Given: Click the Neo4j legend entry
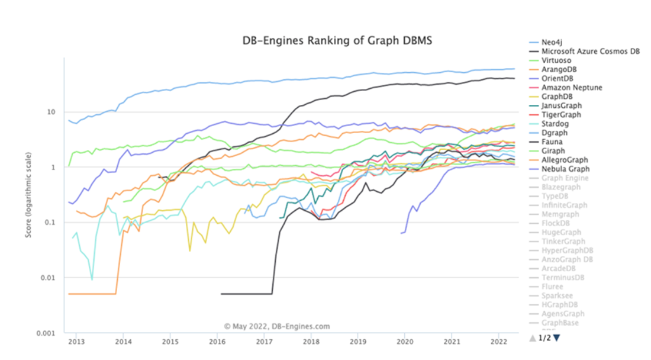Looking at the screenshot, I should (x=551, y=43).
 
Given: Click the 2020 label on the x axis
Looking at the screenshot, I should (x=405, y=342).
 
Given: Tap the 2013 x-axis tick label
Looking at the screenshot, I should (x=76, y=342).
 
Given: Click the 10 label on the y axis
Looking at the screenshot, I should (x=51, y=112).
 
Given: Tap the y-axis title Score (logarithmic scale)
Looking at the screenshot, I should (x=28, y=195).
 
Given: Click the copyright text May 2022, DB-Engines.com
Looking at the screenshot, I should (x=277, y=326).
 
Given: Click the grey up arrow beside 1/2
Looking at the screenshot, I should (x=532, y=337).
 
